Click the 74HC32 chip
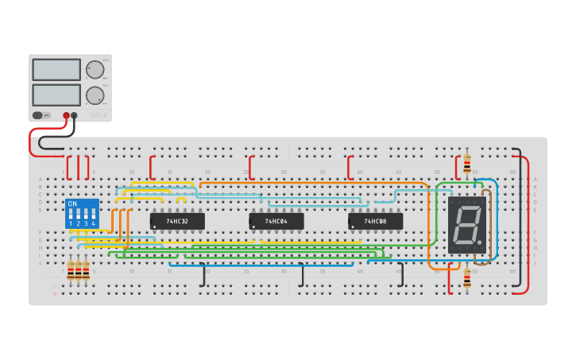point(177,221)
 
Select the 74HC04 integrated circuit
point(276,221)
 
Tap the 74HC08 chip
point(375,221)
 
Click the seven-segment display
point(466,225)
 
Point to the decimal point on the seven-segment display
point(481,244)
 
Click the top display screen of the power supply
point(56,70)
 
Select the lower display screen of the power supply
point(56,95)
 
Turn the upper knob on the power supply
point(95,70)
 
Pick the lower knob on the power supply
point(95,95)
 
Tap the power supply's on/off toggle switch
point(40,115)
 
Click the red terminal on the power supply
point(67,115)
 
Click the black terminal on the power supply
point(75,115)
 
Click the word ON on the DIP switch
point(72,204)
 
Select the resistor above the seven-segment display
point(467,164)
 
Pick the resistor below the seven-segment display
point(467,277)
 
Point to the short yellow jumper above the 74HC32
point(181,199)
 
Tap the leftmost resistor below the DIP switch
point(71,272)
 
